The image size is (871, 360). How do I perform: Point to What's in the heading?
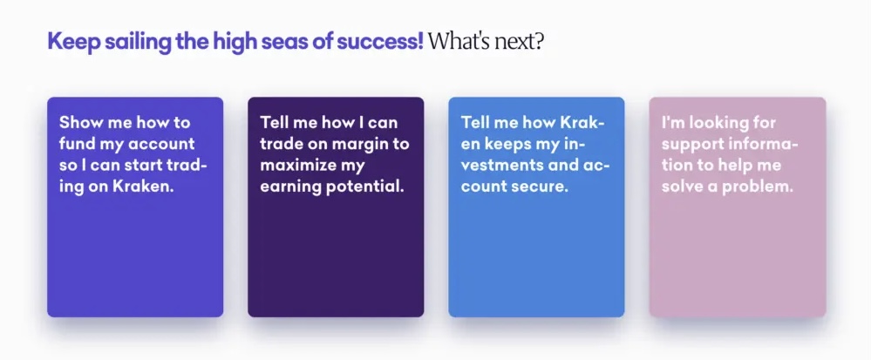point(454,41)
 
